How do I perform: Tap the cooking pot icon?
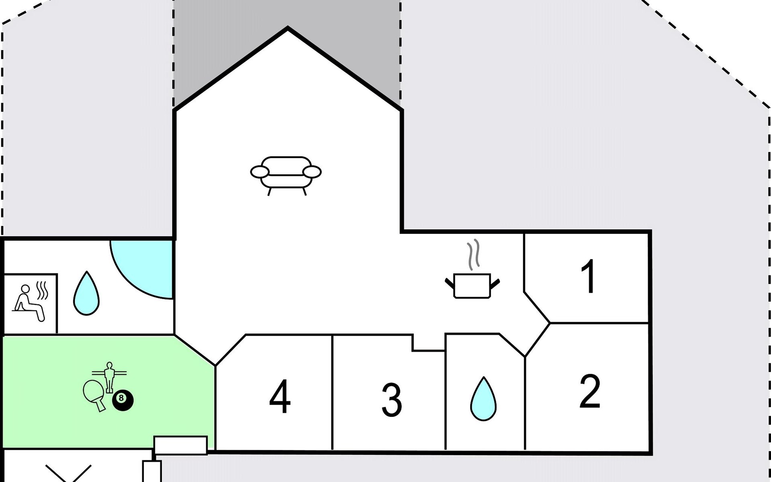472,286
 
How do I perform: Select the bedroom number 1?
588,276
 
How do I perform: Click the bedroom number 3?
392,400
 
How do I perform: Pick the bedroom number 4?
280,396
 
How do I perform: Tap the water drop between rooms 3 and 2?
483,399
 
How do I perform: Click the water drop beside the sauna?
86,293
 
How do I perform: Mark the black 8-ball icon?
122,400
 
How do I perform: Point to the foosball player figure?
109,377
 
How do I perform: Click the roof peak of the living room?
288,28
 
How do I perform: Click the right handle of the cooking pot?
495,284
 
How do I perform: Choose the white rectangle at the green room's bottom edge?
181,445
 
